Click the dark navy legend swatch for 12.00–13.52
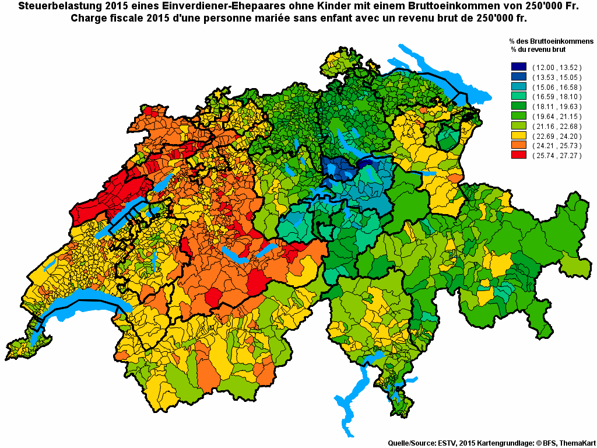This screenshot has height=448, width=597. tap(518, 68)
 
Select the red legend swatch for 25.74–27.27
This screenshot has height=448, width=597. tap(518, 156)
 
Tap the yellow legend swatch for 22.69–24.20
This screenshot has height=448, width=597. tap(518, 136)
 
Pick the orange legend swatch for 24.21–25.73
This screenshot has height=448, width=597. tap(518, 146)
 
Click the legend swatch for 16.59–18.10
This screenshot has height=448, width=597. tap(518, 97)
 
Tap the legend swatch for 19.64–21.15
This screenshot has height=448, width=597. tap(518, 117)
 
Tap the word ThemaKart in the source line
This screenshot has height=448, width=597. tap(577, 443)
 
